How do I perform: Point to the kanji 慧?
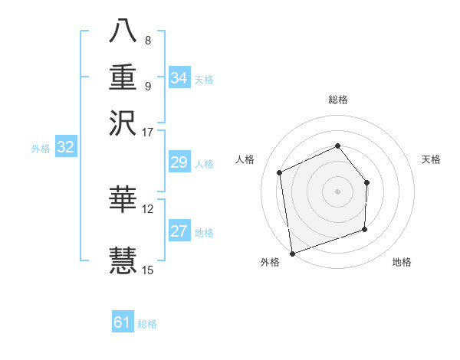[x=123, y=258]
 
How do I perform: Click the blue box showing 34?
[x=179, y=78]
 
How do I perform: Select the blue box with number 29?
[x=179, y=162]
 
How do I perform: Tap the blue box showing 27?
[x=179, y=231]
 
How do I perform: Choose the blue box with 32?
[x=66, y=148]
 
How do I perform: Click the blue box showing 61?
[x=123, y=322]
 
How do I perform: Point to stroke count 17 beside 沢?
[x=148, y=132]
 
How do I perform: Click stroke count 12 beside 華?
[x=148, y=208]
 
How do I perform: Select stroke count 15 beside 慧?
[x=148, y=270]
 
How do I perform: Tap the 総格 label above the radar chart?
[x=338, y=100]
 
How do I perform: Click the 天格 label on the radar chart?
[x=432, y=159]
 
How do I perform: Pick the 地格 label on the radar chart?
[x=402, y=263]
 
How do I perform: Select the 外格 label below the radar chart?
[x=270, y=263]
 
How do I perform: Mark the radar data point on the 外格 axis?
[x=292, y=253]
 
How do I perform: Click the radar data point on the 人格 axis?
[x=280, y=172]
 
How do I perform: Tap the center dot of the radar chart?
[x=337, y=191]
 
